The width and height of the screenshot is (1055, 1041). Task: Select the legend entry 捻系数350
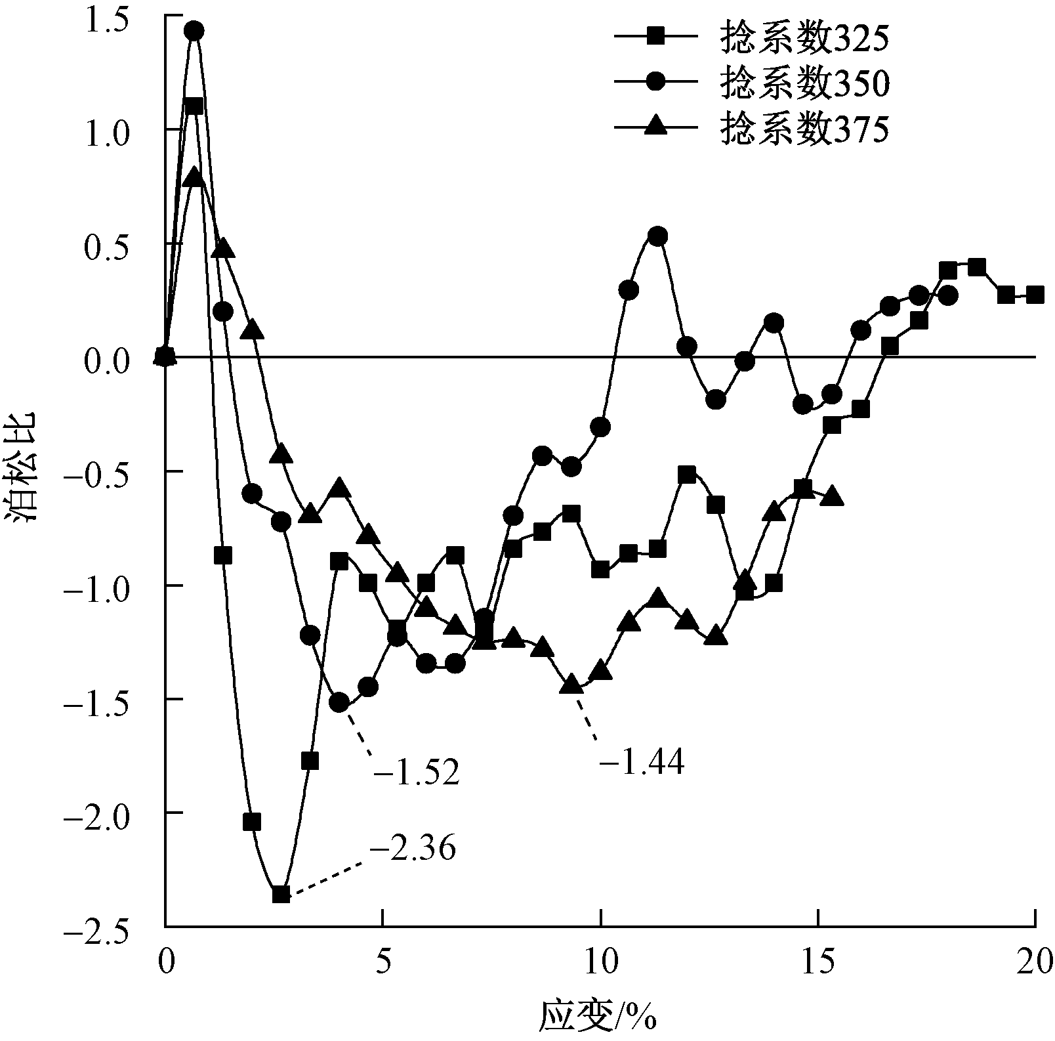pyautogui.click(x=804, y=83)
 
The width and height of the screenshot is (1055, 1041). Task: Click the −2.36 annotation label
pyautogui.click(x=413, y=849)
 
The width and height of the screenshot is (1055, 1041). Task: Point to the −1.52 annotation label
pyautogui.click(x=416, y=773)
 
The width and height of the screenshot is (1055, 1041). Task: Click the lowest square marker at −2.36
pyautogui.click(x=281, y=894)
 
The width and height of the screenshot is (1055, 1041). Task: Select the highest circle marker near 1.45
pyautogui.click(x=194, y=31)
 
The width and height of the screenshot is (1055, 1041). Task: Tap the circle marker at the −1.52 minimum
pyautogui.click(x=339, y=703)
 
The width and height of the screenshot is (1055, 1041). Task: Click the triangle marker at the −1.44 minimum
pyautogui.click(x=572, y=683)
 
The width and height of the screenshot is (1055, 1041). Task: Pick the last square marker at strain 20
pyautogui.click(x=1035, y=295)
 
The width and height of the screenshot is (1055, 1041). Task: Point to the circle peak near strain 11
pyautogui.click(x=658, y=236)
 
